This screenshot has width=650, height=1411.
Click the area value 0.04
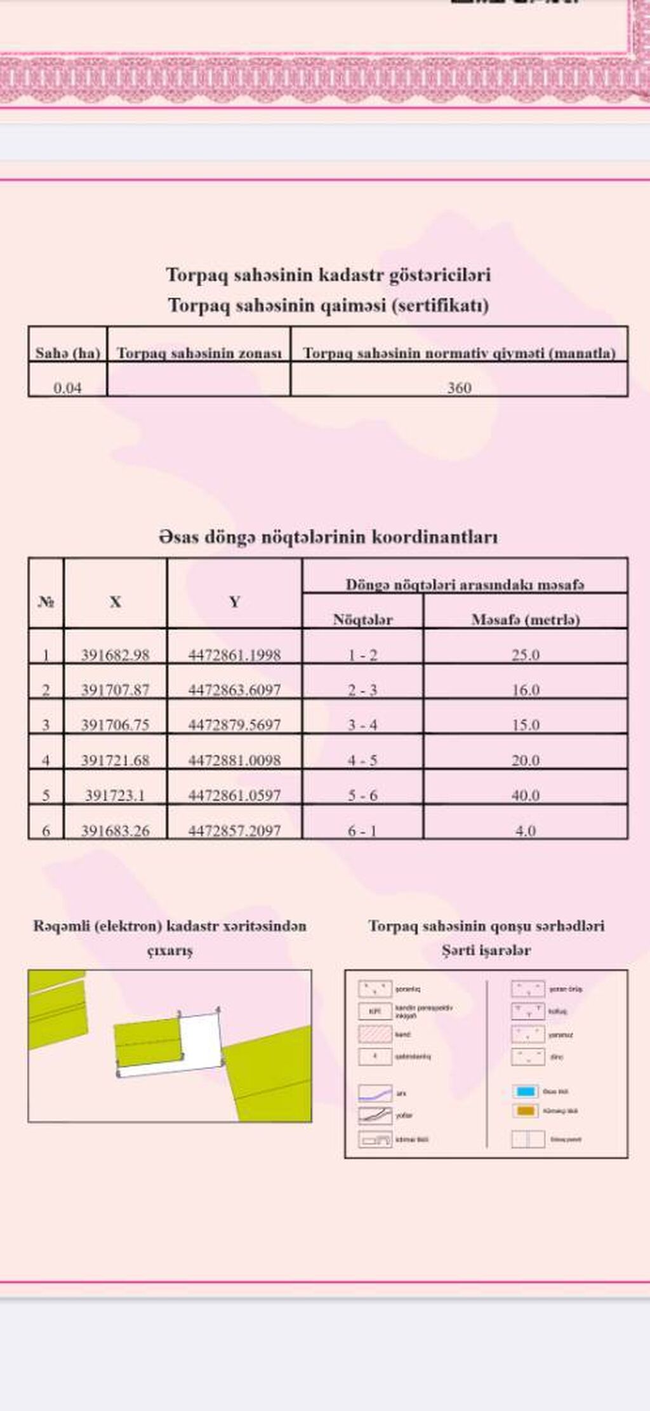click(67, 388)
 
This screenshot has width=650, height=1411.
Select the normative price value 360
click(459, 388)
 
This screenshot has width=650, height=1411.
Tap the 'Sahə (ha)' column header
click(67, 353)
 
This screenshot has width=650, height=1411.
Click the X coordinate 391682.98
click(115, 655)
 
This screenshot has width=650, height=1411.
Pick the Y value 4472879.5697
click(234, 725)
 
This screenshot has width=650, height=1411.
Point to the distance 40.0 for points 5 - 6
click(526, 795)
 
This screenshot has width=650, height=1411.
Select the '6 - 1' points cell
click(362, 830)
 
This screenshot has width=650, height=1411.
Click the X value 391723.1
click(115, 795)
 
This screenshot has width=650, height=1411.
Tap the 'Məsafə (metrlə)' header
click(526, 619)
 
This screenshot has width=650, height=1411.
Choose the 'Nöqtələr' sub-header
click(362, 619)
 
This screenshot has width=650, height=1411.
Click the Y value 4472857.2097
click(234, 830)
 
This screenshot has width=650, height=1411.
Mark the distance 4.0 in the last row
click(526, 830)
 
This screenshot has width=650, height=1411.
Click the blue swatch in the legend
click(525, 1092)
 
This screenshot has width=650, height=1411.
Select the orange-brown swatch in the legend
click(525, 1111)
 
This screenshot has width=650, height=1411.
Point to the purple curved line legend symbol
click(375, 1093)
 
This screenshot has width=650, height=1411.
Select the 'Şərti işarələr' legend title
click(486, 950)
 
